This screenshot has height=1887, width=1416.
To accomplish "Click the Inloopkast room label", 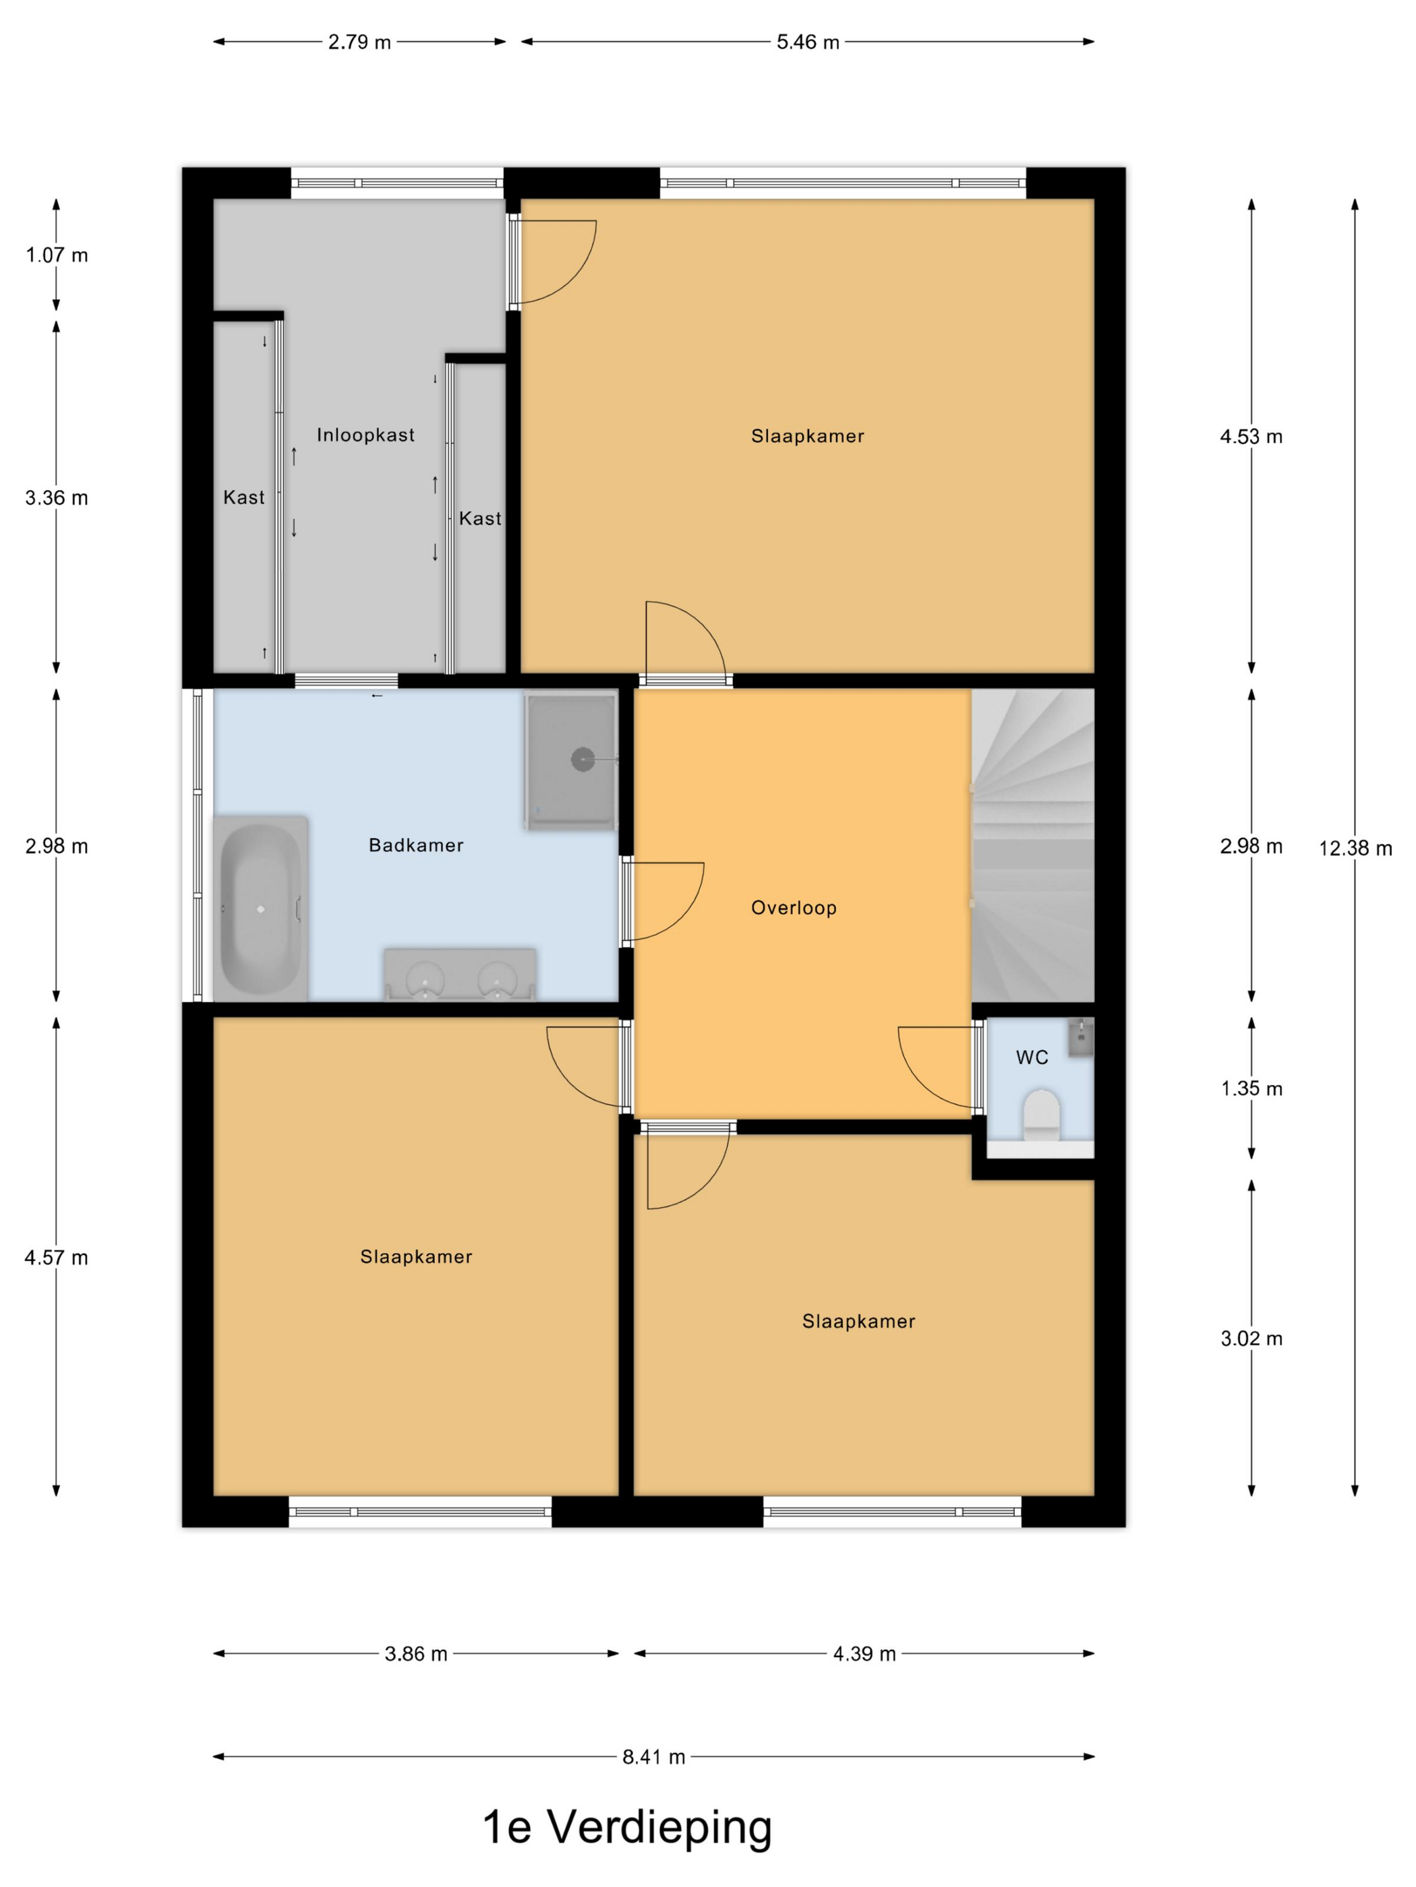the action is tap(365, 435).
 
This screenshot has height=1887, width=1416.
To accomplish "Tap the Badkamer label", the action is tap(415, 845).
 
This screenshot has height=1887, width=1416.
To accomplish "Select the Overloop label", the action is tap(794, 908).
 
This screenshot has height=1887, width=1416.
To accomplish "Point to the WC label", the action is tap(1032, 1058).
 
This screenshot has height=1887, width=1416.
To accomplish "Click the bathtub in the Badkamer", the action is tap(260, 908).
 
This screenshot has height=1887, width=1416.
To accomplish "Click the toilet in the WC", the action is tap(1041, 1114).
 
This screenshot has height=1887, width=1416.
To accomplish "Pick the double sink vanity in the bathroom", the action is tap(460, 973).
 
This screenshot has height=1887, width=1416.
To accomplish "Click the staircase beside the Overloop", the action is tap(1033, 845).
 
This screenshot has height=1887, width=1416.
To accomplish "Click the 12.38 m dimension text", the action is tap(1355, 848).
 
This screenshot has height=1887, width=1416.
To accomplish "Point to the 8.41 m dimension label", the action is tap(654, 1756).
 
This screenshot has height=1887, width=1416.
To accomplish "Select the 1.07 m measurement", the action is tap(57, 255).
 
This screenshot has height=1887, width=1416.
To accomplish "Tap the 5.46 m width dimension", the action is tap(807, 42).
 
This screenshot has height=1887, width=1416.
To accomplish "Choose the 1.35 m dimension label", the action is tap(1252, 1088).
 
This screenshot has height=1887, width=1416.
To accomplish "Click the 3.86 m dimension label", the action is tap(415, 1654).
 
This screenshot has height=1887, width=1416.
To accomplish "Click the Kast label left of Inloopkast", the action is tap(244, 497).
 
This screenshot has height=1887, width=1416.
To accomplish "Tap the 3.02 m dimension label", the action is tap(1252, 1338).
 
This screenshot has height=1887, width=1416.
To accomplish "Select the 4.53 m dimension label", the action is tap(1251, 437).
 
